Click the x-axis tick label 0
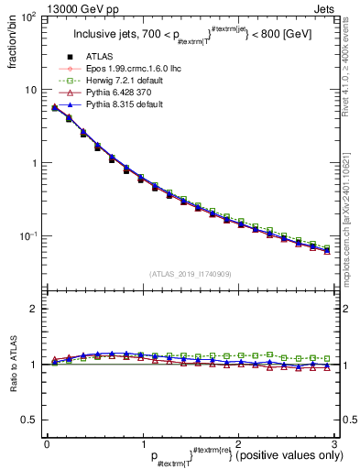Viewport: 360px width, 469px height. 46,444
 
